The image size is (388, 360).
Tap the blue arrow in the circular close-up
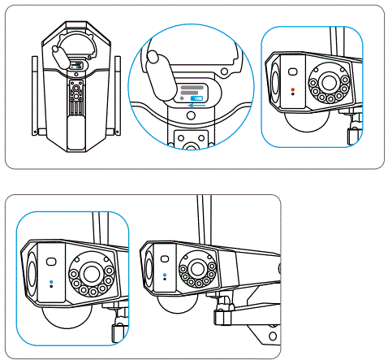coord(190,104)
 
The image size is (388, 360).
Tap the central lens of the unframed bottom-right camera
coord(196,268)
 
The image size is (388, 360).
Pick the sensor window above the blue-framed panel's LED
coord(51,262)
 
